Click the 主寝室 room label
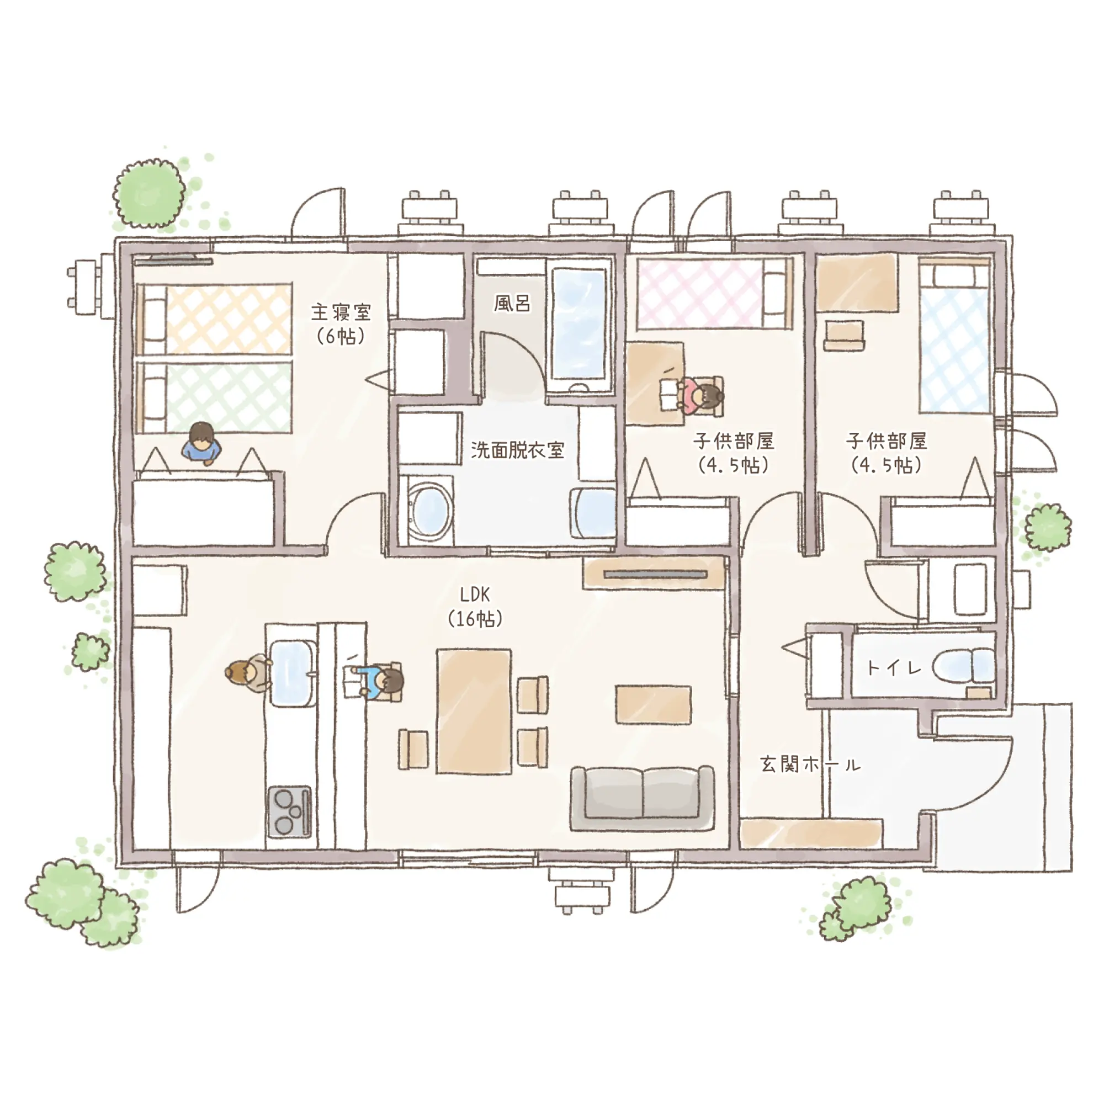click(341, 312)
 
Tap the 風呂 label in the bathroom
click(512, 304)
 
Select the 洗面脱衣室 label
click(518, 450)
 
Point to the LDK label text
click(475, 595)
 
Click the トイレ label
click(894, 667)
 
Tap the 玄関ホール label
click(810, 764)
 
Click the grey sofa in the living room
click(643, 799)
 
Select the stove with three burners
click(290, 812)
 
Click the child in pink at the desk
click(700, 395)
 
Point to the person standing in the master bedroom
click(201, 443)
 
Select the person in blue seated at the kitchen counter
click(378, 682)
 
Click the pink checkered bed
click(714, 294)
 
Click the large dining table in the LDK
click(474, 712)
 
